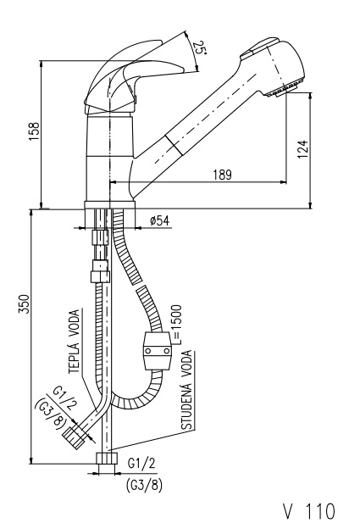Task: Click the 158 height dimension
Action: pyautogui.click(x=35, y=131)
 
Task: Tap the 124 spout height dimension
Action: pyautogui.click(x=302, y=149)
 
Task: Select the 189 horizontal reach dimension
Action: pyautogui.click(x=222, y=175)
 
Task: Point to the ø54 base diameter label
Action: pyautogui.click(x=159, y=220)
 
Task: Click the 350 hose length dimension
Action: pyautogui.click(x=24, y=303)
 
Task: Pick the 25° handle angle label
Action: pyautogui.click(x=199, y=47)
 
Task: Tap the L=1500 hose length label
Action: pyautogui.click(x=176, y=324)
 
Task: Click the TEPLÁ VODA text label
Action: pyautogui.click(x=75, y=342)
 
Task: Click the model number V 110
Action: pyautogui.click(x=308, y=510)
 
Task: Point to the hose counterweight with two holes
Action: pyautogui.click(x=158, y=351)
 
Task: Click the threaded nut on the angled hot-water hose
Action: pyautogui.click(x=74, y=437)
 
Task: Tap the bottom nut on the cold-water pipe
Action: pyautogui.click(x=107, y=458)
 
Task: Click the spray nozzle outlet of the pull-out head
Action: pyautogui.click(x=282, y=91)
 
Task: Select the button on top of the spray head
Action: pyautogui.click(x=259, y=47)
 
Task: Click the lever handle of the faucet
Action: pyautogui.click(x=133, y=80)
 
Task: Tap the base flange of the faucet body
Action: pyautogui.click(x=109, y=205)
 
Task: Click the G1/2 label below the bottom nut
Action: pyautogui.click(x=141, y=464)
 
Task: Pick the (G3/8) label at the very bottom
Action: pyautogui.click(x=144, y=485)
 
